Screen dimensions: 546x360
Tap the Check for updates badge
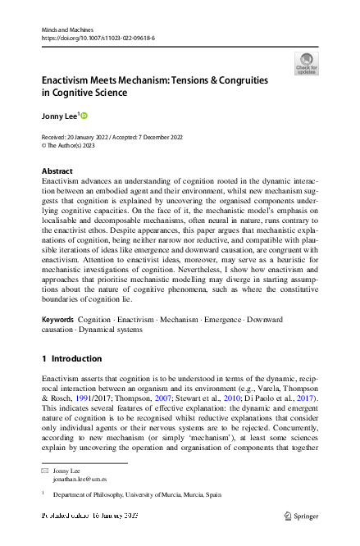pos(308,63)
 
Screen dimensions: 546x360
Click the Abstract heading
pos(57,171)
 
